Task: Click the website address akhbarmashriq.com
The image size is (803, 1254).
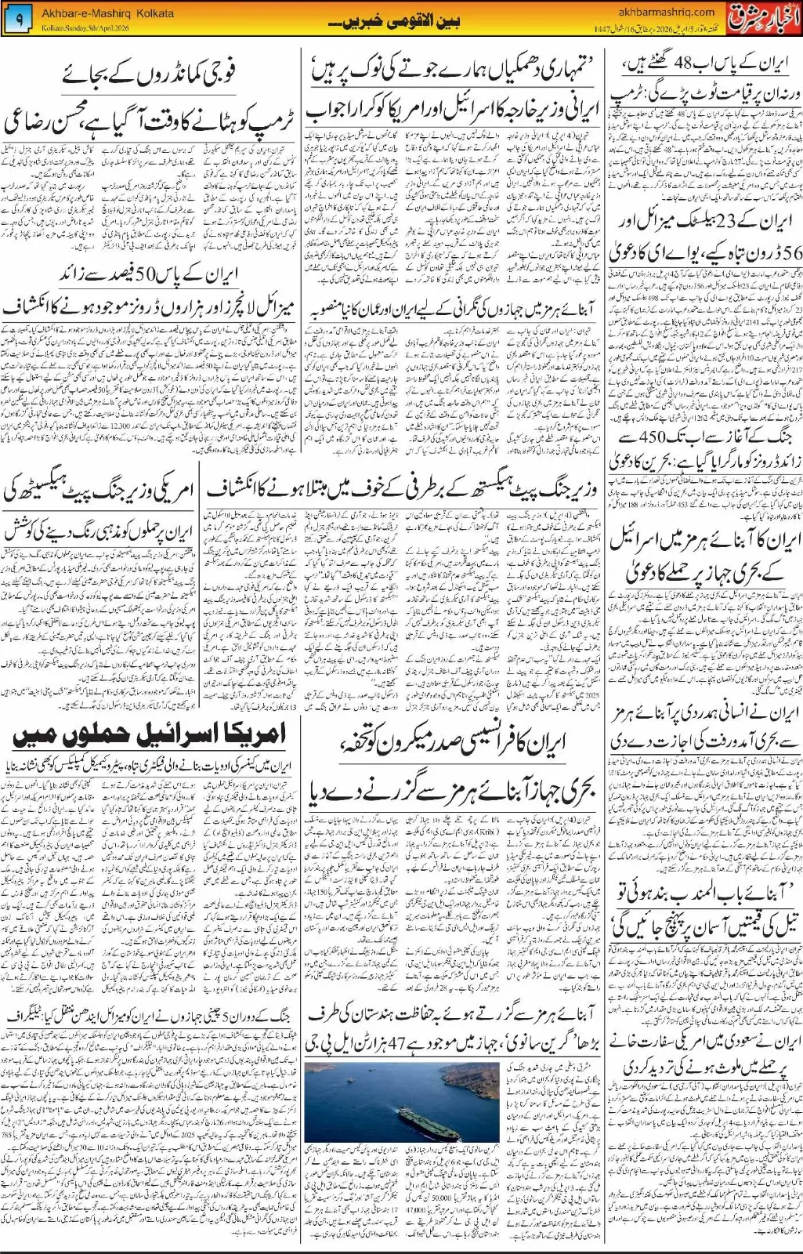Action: (x=666, y=12)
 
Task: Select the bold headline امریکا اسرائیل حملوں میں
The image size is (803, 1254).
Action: (x=149, y=736)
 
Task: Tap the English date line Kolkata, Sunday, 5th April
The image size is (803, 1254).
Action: (x=86, y=29)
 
